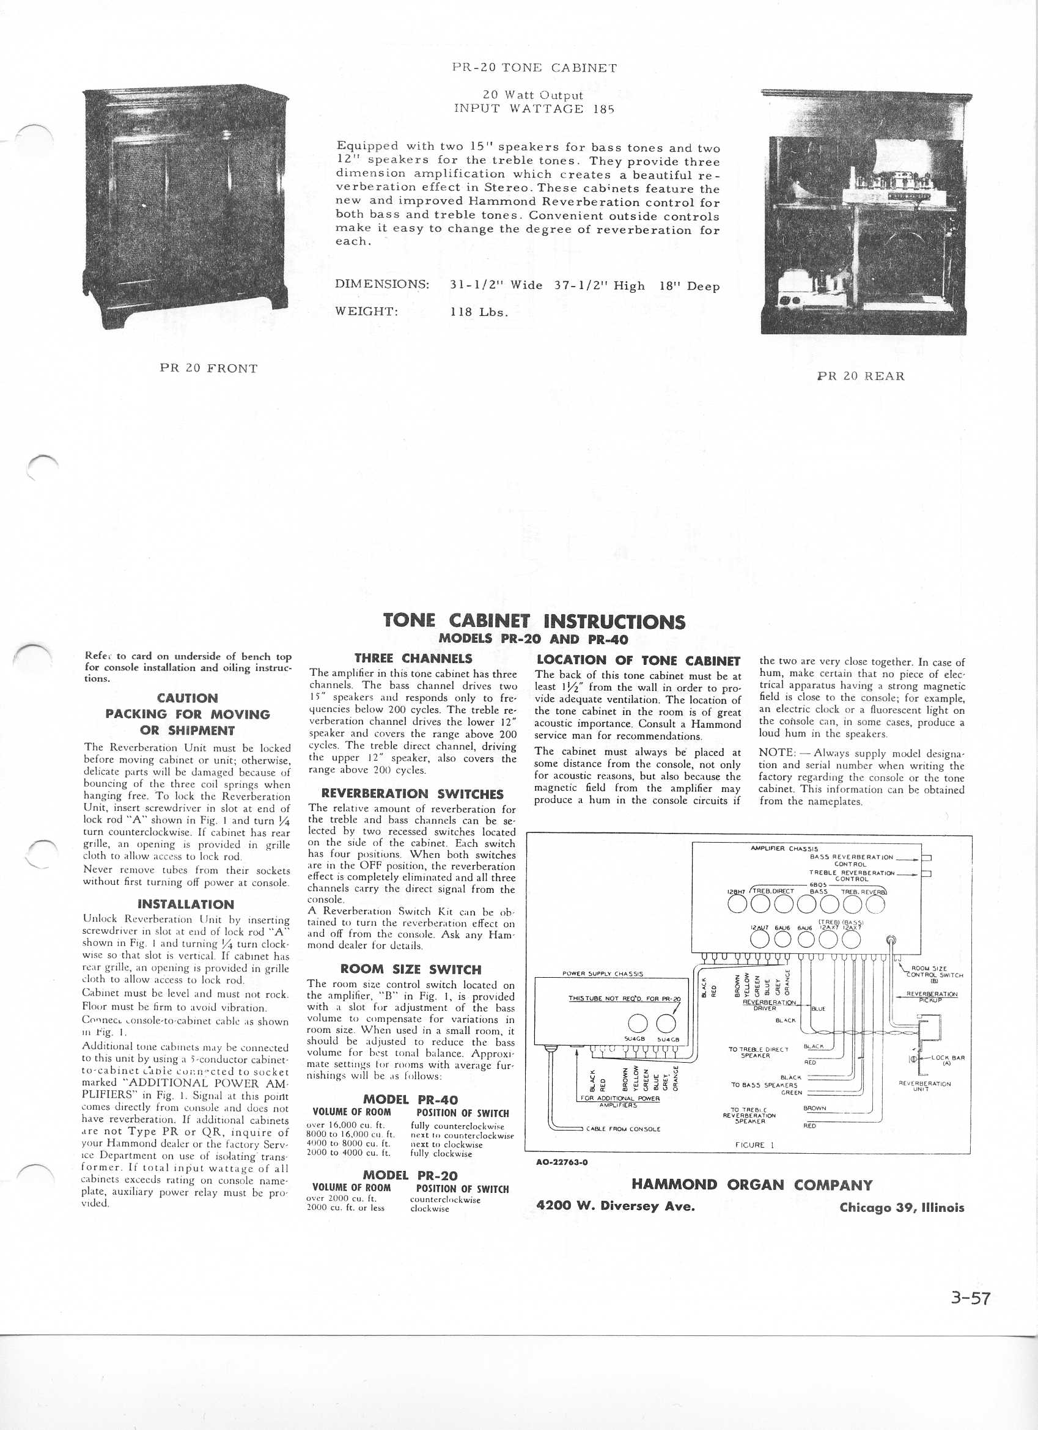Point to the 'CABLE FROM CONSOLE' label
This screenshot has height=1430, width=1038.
click(623, 1129)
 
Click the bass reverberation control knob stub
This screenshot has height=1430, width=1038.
click(927, 858)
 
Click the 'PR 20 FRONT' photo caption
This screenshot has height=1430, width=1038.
click(208, 369)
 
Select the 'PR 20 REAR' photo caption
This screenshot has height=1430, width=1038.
click(860, 376)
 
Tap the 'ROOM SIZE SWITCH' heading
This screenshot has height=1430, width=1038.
click(411, 970)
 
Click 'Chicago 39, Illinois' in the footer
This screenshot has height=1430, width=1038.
click(902, 1208)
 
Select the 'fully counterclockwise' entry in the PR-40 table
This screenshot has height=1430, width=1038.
click(457, 1126)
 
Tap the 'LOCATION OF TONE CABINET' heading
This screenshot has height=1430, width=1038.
click(638, 661)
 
